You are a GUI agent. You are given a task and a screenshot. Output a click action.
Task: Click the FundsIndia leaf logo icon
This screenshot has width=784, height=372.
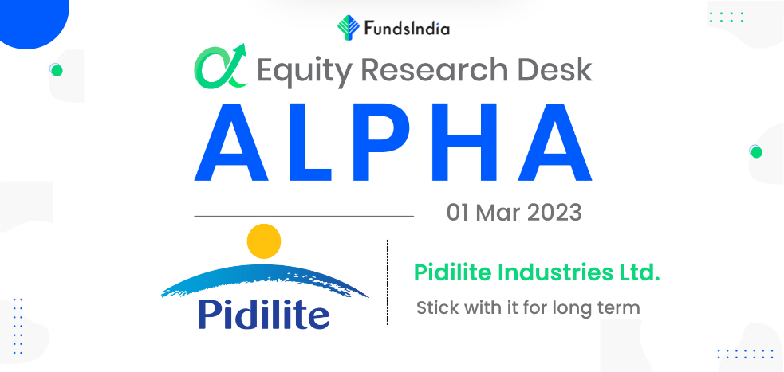pyautogui.click(x=348, y=27)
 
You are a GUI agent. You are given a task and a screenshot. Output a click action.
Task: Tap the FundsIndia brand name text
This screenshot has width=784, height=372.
pyautogui.click(x=407, y=29)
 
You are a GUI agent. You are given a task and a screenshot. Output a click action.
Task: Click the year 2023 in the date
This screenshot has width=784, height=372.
pyautogui.click(x=554, y=213)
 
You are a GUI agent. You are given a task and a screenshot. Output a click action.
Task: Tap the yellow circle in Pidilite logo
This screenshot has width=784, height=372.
pyautogui.click(x=264, y=241)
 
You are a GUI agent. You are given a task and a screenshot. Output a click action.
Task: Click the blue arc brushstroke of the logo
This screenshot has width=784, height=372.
pyautogui.click(x=265, y=272)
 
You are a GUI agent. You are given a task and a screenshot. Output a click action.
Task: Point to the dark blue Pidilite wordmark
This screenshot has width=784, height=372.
pyautogui.click(x=264, y=314)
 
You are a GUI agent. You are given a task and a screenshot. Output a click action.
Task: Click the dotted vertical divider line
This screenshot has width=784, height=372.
pyautogui.click(x=387, y=283)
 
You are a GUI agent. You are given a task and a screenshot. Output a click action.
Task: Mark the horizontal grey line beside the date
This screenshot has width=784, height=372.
pyautogui.click(x=304, y=217)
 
